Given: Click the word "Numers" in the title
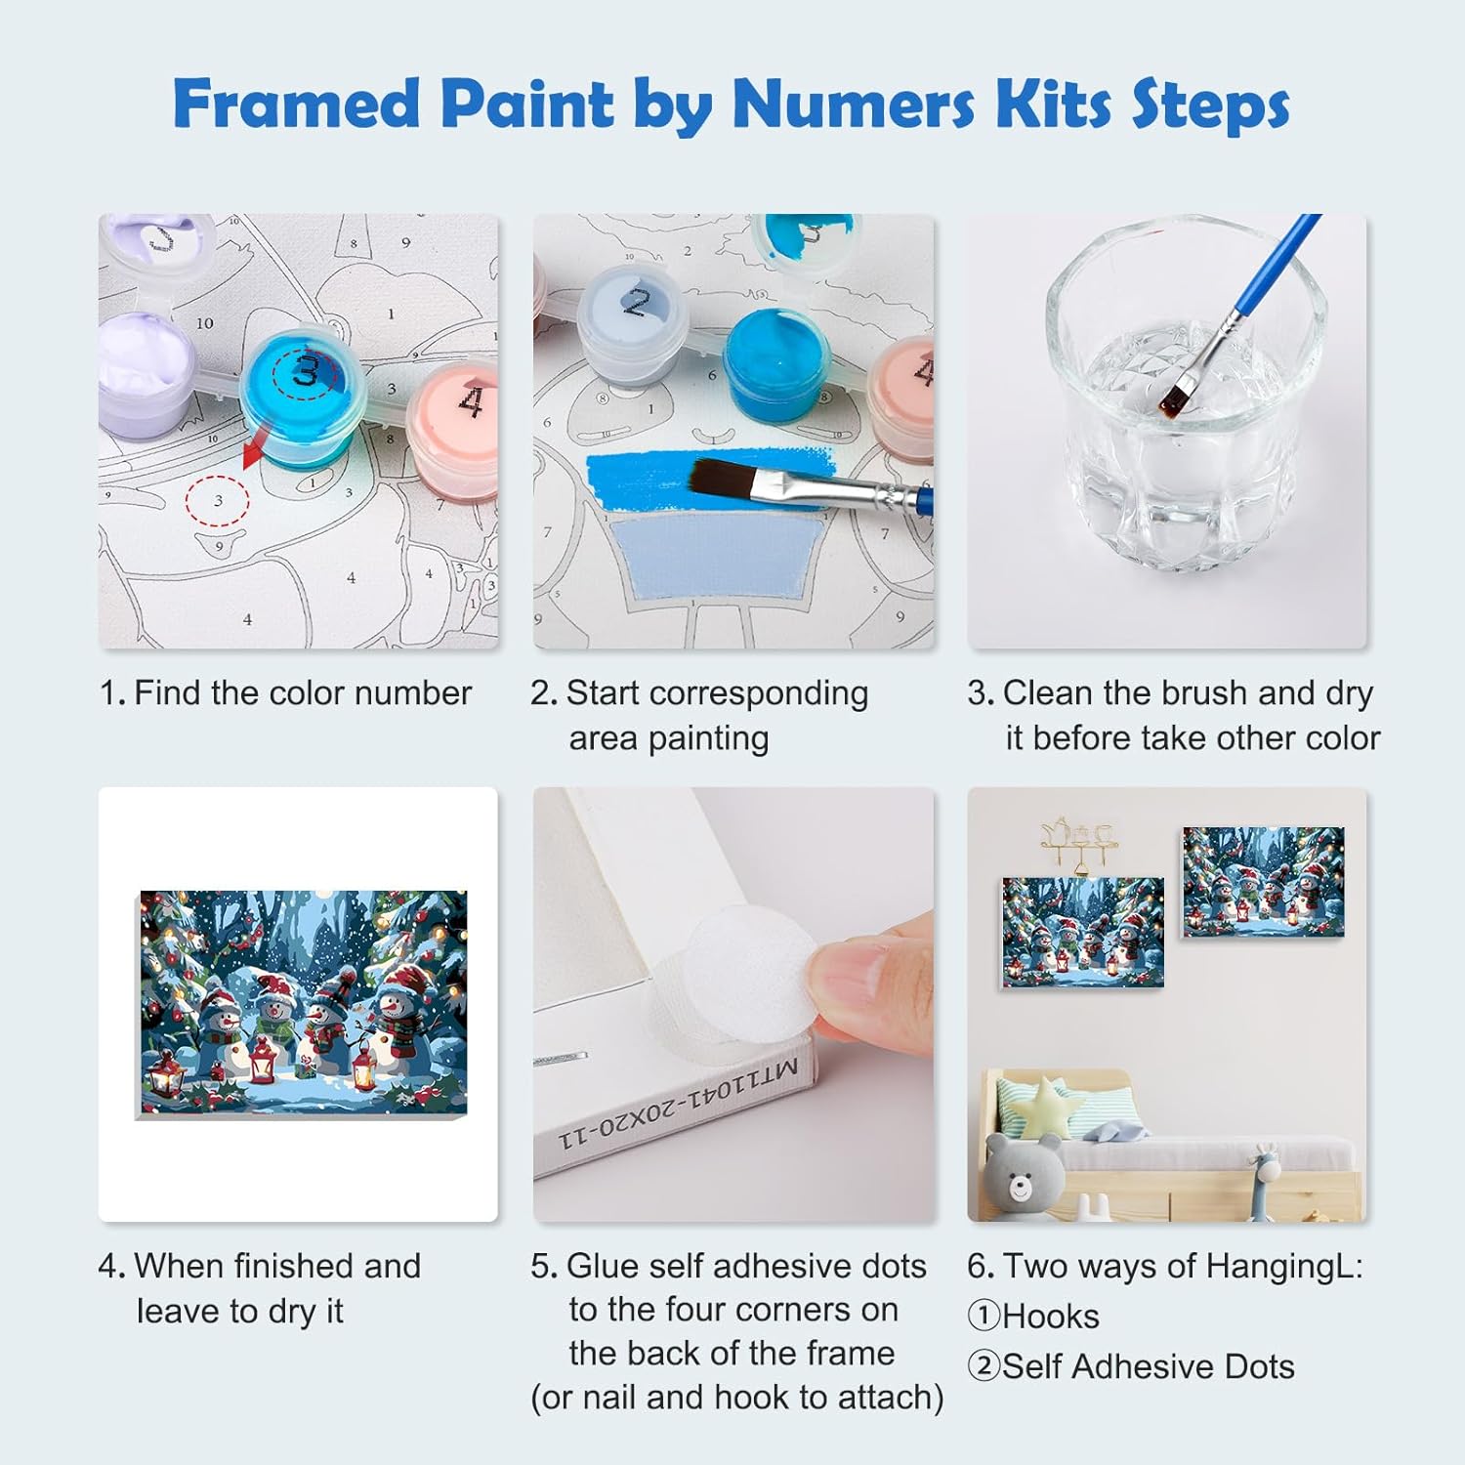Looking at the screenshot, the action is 853,104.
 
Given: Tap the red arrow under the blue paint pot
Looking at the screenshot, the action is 256,449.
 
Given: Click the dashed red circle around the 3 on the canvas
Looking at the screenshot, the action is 217,500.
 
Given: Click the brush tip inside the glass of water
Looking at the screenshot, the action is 1172,395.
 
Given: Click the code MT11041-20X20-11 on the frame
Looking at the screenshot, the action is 679,1103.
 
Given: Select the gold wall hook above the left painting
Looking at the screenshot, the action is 1077,843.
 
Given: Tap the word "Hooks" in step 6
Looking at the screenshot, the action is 1050,1317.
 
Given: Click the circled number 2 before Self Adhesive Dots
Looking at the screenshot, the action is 984,1365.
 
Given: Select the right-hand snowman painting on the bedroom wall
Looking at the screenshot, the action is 1264,882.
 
